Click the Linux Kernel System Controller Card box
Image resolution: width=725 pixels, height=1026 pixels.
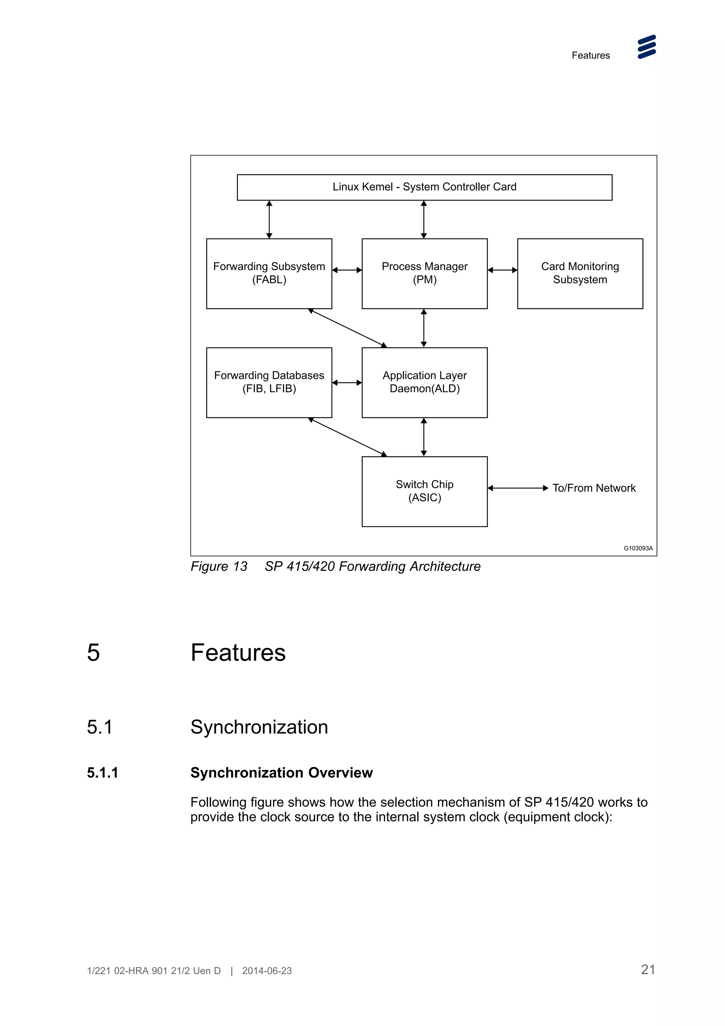tap(424, 187)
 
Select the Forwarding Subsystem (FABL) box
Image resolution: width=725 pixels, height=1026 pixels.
tap(269, 273)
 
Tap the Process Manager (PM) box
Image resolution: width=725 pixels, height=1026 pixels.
tap(424, 273)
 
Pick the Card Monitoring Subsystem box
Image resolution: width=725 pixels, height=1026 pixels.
tap(580, 273)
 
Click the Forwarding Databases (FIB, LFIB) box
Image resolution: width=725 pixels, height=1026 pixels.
tap(269, 382)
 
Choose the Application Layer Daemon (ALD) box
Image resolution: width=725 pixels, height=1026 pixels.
tap(424, 382)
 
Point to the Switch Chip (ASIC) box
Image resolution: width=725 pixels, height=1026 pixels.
tap(424, 491)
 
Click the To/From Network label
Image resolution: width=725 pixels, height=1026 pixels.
tap(594, 488)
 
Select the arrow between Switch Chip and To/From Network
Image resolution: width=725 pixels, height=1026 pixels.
tap(518, 488)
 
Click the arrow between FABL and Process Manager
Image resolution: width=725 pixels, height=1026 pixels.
tap(347, 270)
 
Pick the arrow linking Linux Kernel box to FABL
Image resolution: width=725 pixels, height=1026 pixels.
tap(269, 220)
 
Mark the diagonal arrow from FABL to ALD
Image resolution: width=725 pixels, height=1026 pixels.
tap(348, 328)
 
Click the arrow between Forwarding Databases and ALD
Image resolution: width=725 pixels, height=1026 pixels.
tap(347, 382)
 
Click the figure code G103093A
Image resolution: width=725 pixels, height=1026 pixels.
tap(638, 548)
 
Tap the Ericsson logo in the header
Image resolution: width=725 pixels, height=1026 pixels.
tap(646, 47)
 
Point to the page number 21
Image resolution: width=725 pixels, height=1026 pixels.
tap(648, 969)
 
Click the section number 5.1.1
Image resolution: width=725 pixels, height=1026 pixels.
tap(102, 773)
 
